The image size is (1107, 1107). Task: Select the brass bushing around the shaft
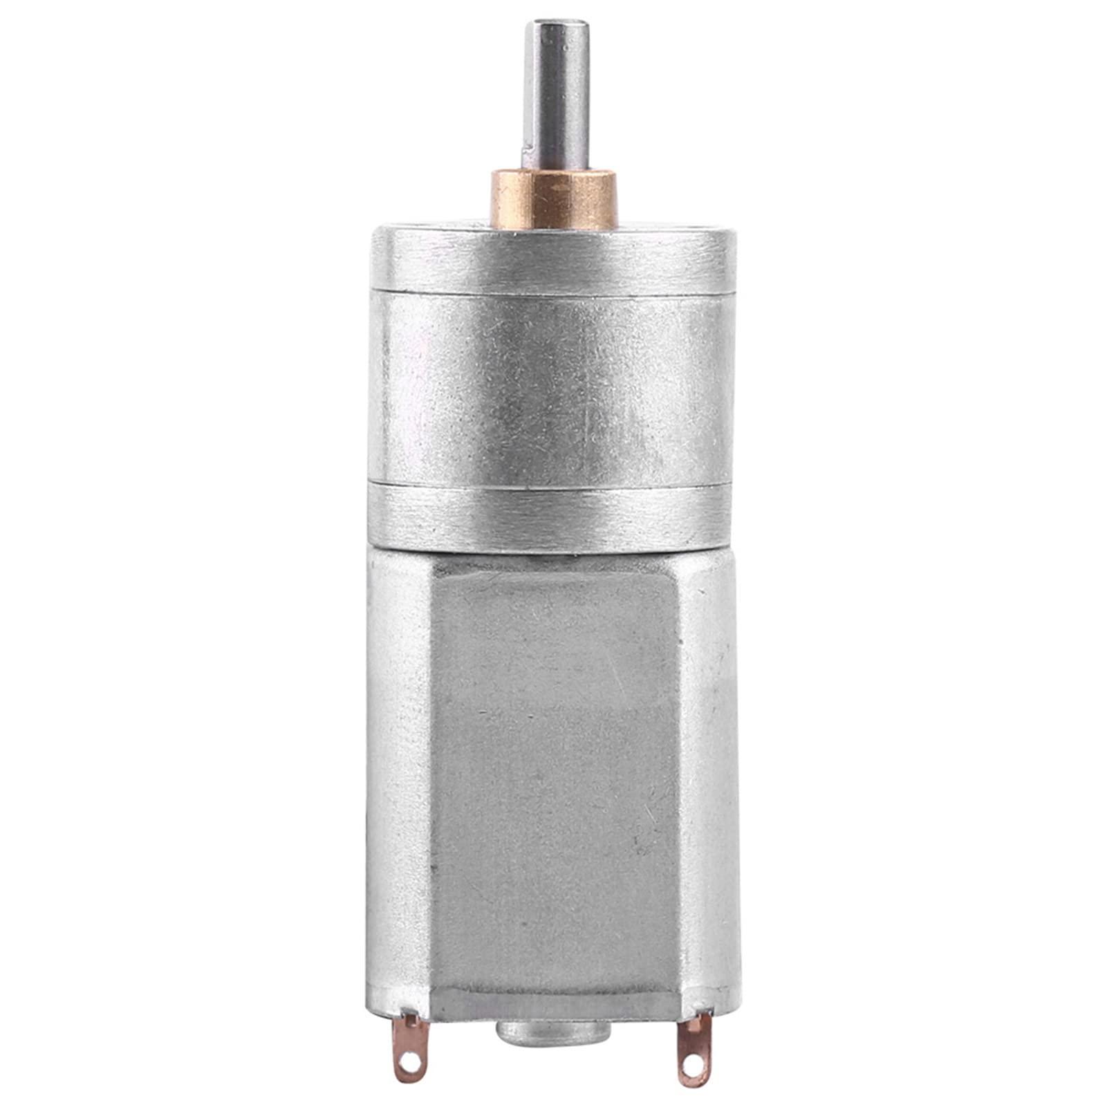553,201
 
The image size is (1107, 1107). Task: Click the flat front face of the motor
553,761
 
